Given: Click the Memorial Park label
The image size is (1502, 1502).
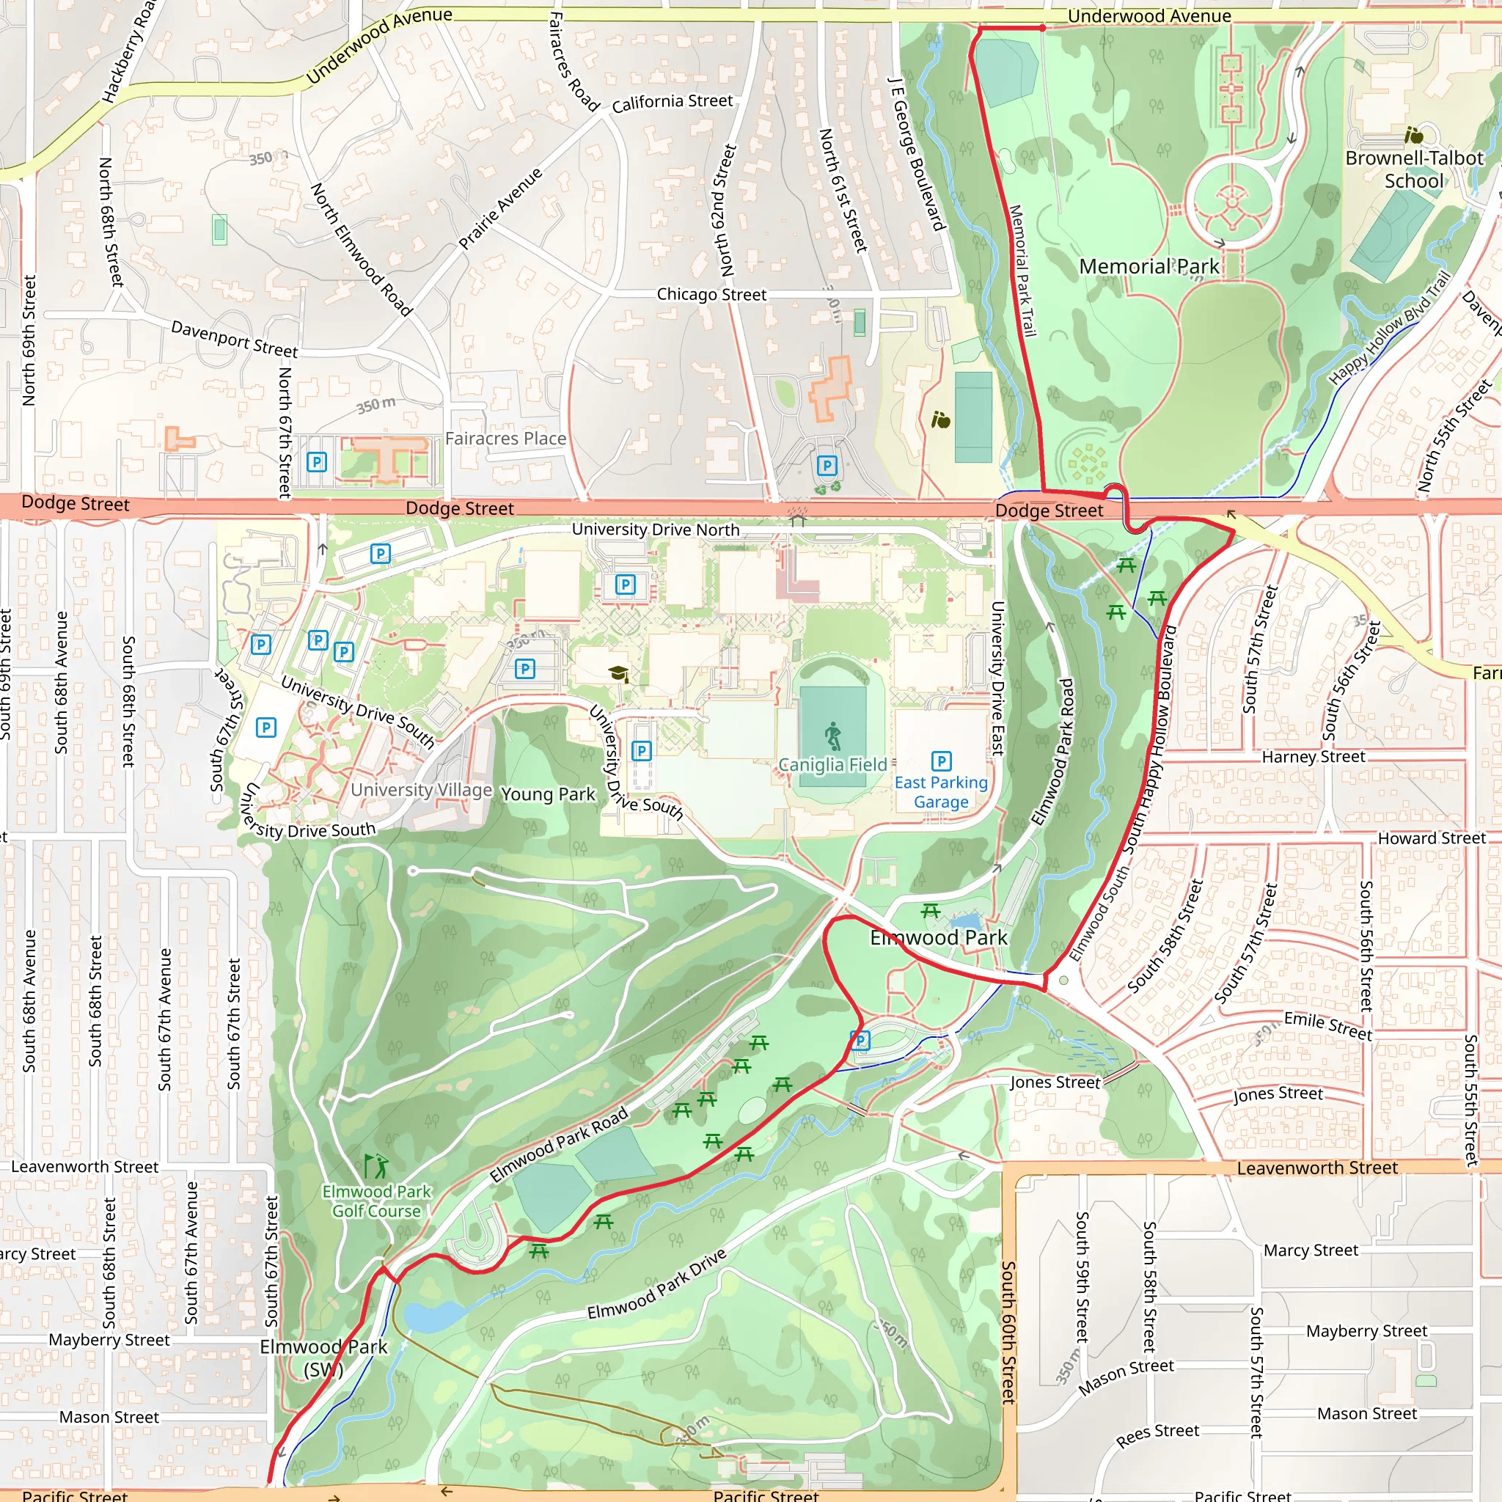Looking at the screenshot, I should [x=1149, y=267].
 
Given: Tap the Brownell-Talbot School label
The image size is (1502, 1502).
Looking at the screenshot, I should [x=1413, y=169].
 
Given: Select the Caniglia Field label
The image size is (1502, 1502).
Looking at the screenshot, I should [x=832, y=765].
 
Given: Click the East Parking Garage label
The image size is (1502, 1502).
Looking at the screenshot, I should [x=941, y=792].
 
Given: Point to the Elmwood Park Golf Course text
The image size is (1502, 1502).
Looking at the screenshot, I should [x=376, y=1201].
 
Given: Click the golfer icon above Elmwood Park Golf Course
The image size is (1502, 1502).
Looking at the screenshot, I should [x=376, y=1166].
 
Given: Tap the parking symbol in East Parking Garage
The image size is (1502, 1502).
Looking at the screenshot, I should [x=941, y=761].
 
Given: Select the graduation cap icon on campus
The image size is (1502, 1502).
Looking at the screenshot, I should [x=618, y=673].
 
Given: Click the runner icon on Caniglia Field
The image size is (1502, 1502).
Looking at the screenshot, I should [x=832, y=736].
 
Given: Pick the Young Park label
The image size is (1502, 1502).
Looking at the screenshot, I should [x=548, y=794].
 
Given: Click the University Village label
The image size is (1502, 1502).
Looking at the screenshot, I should [x=422, y=790].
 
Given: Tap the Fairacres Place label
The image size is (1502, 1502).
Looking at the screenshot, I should [x=505, y=439].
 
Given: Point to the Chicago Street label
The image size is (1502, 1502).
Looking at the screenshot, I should [x=711, y=295].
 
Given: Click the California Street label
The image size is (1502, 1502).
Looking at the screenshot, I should [x=672, y=102].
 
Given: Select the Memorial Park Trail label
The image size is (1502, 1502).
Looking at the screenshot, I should [x=1022, y=271].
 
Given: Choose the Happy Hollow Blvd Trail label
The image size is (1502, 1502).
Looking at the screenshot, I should [x=1388, y=328].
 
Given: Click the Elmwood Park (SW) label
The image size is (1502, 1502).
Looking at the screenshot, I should [x=323, y=1358].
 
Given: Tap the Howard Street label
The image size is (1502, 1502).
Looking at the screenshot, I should [x=1432, y=838].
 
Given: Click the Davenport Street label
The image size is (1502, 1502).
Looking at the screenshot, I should [x=234, y=339].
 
